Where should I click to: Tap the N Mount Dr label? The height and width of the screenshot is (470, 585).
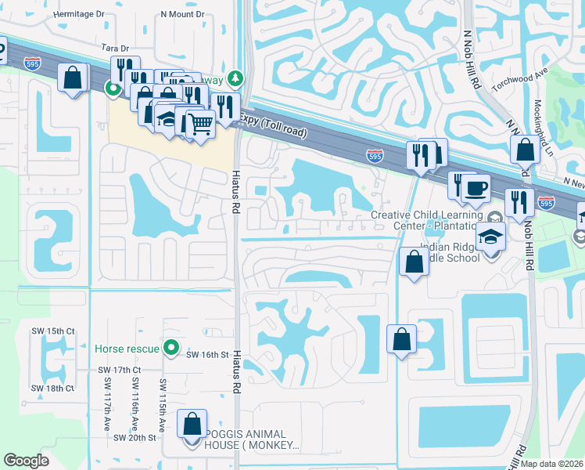pyautogui.click(x=182, y=14)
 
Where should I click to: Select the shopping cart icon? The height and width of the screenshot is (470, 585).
pyautogui.click(x=199, y=122)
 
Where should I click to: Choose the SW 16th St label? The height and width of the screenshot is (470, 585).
pyautogui.click(x=206, y=355)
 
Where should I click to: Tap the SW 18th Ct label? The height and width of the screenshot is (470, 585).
pyautogui.click(x=52, y=389)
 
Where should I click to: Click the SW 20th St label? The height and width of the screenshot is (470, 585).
pyautogui.click(x=136, y=437)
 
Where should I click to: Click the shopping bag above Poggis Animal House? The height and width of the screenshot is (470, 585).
pyautogui.click(x=192, y=424)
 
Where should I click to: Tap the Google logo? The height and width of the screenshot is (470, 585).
pyautogui.click(x=27, y=461)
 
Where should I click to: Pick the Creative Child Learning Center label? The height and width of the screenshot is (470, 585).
pyautogui.click(x=426, y=221)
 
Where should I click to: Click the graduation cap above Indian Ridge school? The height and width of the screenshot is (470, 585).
pyautogui.click(x=490, y=235)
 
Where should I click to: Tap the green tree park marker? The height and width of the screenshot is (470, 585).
pyautogui.click(x=237, y=78)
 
